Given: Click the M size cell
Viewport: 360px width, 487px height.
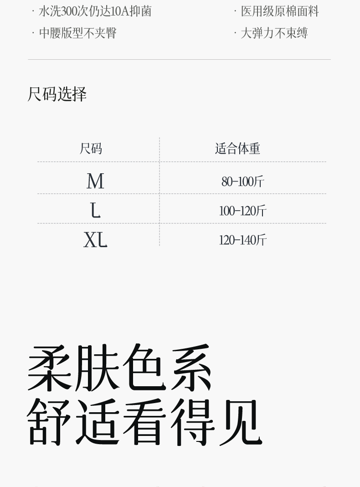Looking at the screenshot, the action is coord(95,181).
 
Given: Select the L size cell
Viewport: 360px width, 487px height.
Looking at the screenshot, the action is coord(95,210).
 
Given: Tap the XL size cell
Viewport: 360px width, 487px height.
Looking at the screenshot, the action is coord(95,239).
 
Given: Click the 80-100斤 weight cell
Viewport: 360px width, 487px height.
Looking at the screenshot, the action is coord(242,181).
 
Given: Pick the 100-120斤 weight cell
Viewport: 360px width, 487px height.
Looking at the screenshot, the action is coord(242,211).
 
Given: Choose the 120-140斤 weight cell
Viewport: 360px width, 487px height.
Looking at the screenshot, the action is coord(242,240).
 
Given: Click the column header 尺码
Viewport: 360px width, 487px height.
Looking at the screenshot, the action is coord(91,149).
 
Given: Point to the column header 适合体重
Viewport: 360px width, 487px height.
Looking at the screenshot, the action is coord(237,149).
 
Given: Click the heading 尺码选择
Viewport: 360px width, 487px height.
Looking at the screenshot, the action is coord(57,94).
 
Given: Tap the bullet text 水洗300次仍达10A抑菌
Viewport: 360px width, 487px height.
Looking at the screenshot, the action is coord(95,11).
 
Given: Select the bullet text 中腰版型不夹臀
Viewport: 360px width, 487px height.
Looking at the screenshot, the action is coord(77,33).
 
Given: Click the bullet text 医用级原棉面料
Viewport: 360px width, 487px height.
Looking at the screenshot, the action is coord(279,11).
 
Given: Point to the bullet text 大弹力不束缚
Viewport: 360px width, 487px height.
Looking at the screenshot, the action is coord(274,33).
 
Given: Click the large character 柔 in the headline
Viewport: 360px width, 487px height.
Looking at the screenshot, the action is coord(50,368).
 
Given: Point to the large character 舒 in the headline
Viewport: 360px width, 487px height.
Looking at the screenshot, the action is coord(50,422).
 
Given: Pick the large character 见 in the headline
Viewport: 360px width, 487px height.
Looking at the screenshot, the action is coord(240,422).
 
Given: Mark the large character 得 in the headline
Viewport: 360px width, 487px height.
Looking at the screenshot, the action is coord(192,422).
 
